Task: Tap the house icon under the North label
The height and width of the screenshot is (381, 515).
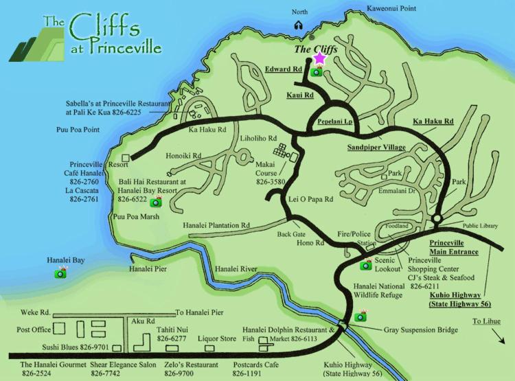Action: coord(299,25)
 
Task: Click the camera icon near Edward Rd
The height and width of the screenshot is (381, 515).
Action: coord(317,71)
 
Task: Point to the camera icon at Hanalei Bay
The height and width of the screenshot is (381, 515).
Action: coord(60,273)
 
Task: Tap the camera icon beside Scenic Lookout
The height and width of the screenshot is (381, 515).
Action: coord(367,264)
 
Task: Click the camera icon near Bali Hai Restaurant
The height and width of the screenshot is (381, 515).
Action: coord(156,201)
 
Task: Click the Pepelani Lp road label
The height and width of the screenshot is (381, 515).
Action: coord(334,121)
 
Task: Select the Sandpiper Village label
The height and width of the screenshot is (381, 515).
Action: coord(375,148)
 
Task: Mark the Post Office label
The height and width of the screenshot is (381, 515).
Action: coord(34,330)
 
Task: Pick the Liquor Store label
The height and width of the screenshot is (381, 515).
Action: coord(217,338)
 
